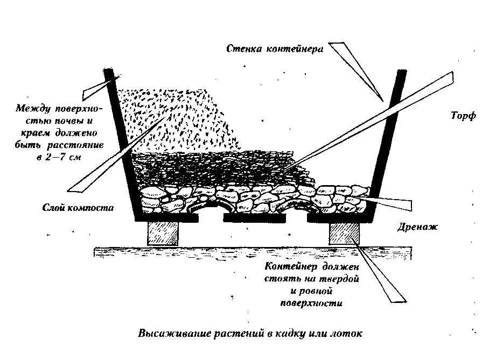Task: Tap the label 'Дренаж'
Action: click(x=420, y=227)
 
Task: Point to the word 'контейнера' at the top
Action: click(x=293, y=50)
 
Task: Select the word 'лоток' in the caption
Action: click(x=347, y=333)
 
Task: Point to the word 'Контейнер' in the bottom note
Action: click(x=291, y=267)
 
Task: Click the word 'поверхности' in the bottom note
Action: click(x=312, y=303)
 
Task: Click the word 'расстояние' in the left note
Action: click(x=81, y=145)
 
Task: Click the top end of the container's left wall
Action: click(x=109, y=72)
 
